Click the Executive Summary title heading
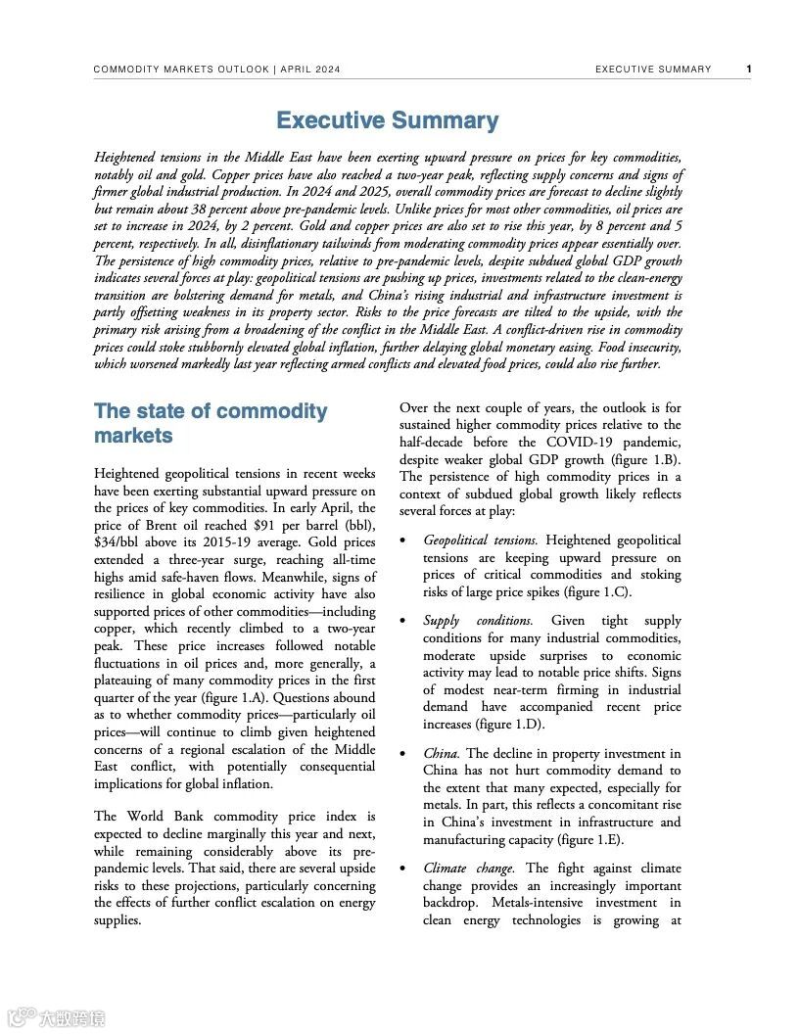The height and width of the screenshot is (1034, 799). coord(387,120)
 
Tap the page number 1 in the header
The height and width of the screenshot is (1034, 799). coord(749,70)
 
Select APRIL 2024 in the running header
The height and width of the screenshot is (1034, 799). coord(310,70)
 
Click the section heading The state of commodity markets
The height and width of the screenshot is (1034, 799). coord(211,423)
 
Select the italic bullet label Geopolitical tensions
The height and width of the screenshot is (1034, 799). coord(480,540)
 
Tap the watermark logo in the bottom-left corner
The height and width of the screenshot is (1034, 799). coord(56,1017)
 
